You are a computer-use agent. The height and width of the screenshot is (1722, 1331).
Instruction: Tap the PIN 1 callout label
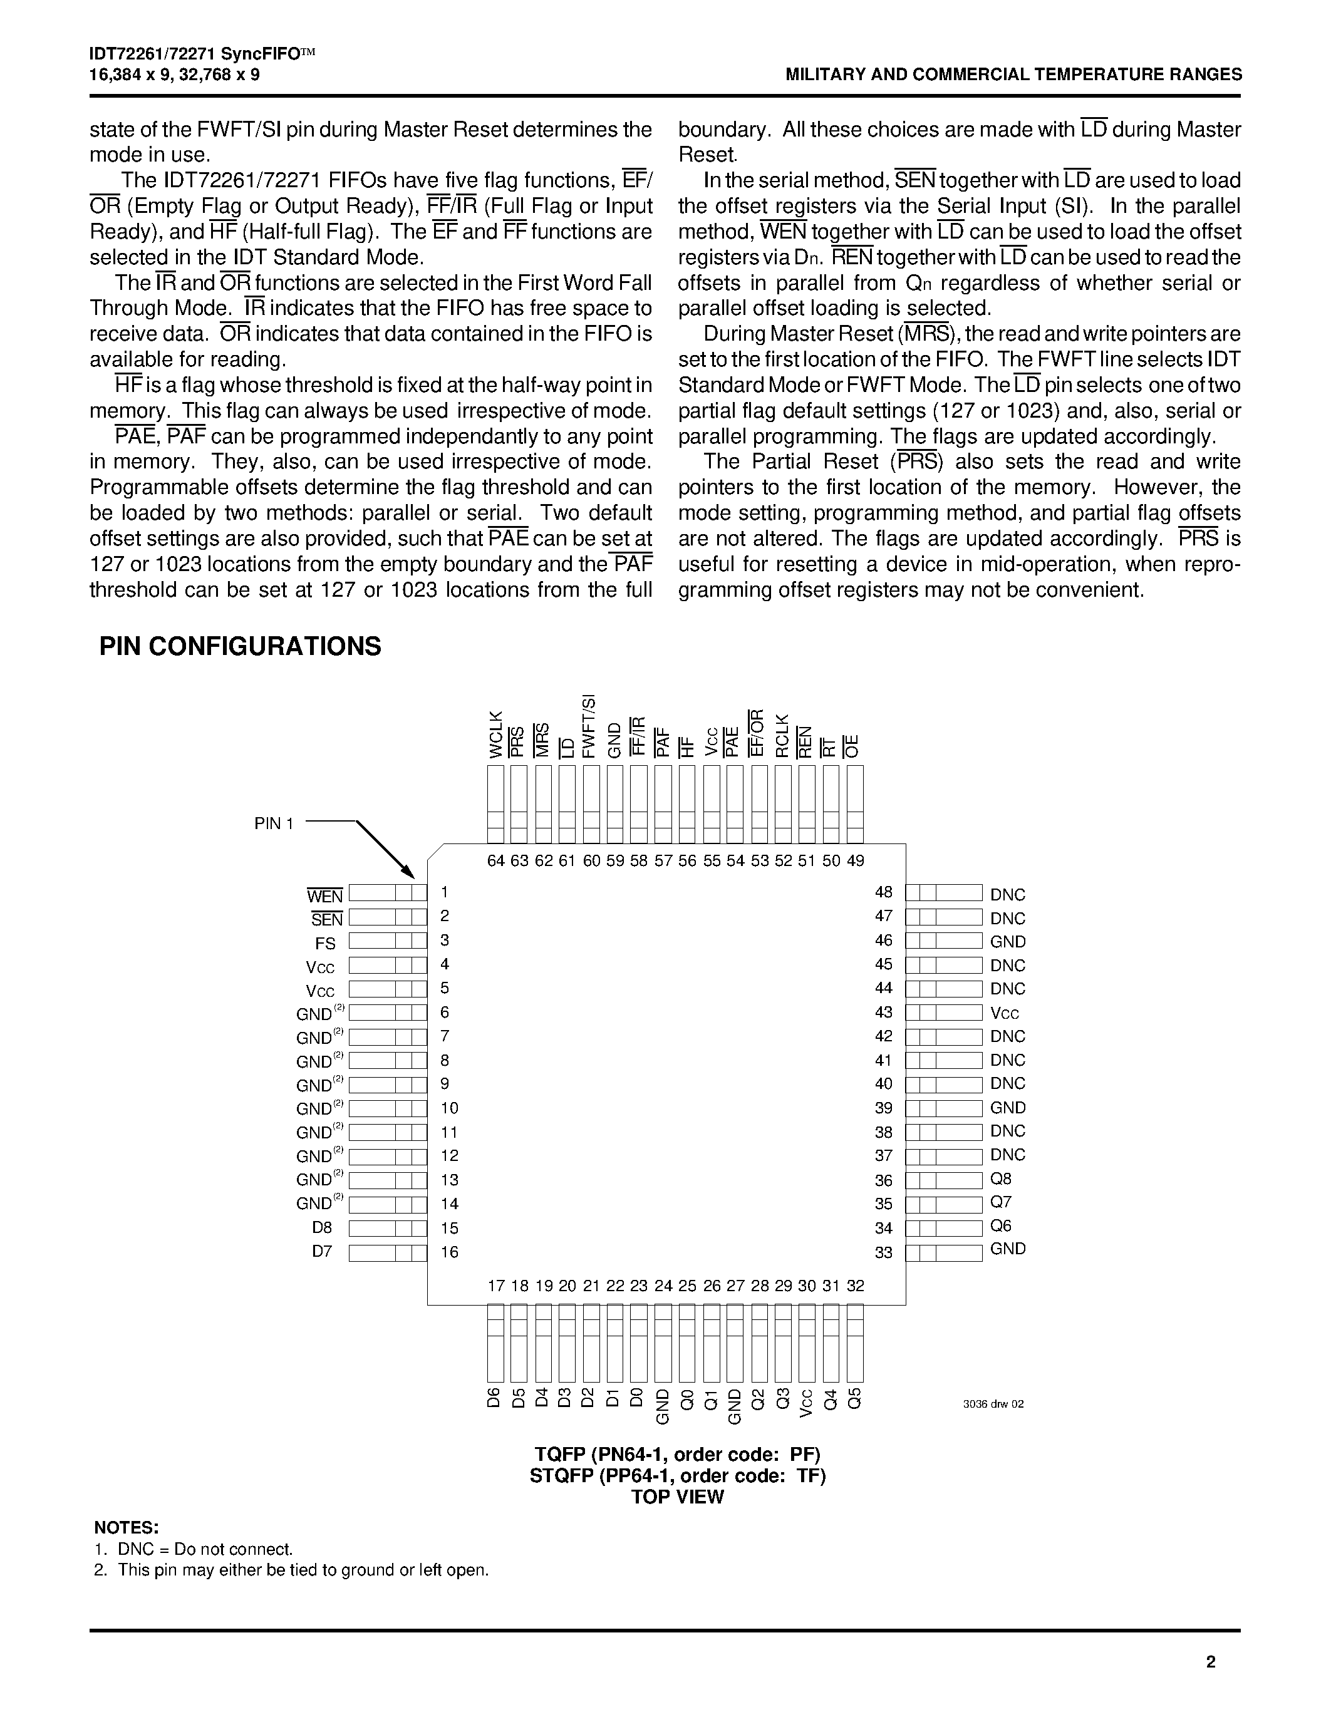pyautogui.click(x=274, y=823)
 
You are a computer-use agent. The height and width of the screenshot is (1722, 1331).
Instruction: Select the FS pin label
pyautogui.click(x=325, y=943)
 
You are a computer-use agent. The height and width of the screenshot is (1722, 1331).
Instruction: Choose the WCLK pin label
pyautogui.click(x=496, y=734)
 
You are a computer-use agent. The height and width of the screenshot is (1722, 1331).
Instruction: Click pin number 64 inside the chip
pyautogui.click(x=496, y=860)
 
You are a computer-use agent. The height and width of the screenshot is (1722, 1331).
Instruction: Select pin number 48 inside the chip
pyautogui.click(x=884, y=892)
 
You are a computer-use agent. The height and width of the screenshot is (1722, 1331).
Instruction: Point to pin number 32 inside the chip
pyautogui.click(x=856, y=1286)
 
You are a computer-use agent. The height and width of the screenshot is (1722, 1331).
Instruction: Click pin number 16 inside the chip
pyautogui.click(x=450, y=1252)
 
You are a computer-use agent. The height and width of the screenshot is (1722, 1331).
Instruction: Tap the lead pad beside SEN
pyautogui.click(x=387, y=917)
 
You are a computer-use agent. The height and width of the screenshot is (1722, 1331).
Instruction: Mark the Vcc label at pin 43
pyautogui.click(x=1005, y=1013)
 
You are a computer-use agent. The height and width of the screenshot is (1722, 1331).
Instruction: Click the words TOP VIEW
pyautogui.click(x=677, y=1497)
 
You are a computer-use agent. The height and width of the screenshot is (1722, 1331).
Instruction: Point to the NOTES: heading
pyautogui.click(x=126, y=1528)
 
